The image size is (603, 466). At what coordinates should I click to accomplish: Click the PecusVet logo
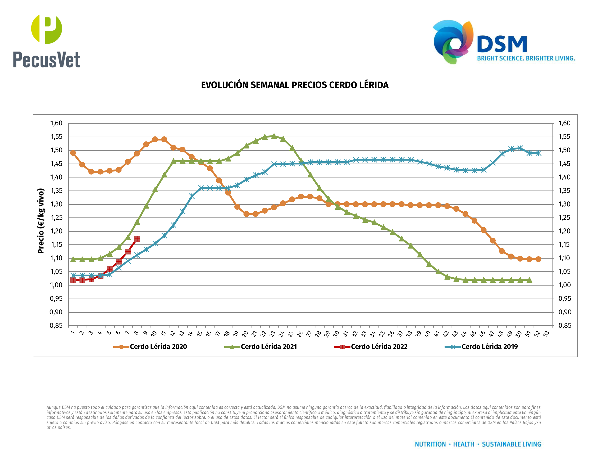[x=46, y=41]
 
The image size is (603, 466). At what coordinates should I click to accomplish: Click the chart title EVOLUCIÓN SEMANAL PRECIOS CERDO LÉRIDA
[x=295, y=85]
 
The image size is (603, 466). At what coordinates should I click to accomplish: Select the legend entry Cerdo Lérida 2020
[x=158, y=347]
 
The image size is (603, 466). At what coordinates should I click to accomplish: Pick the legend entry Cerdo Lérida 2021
[x=269, y=347]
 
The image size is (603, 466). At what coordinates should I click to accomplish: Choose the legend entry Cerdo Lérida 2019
[x=489, y=347]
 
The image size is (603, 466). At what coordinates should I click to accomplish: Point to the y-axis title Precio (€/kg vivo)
[x=41, y=221]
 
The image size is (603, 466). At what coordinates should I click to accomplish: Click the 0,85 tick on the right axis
[x=564, y=326]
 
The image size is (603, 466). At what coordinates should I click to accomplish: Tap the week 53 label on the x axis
[x=546, y=334]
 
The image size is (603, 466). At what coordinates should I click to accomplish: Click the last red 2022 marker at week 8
[x=137, y=239]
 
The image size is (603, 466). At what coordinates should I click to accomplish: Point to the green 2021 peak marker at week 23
[x=274, y=136]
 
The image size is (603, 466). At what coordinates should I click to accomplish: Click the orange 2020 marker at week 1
[x=73, y=153]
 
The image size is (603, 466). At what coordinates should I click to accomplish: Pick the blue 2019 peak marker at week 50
[x=520, y=148]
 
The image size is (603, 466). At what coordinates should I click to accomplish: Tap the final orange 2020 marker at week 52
[x=538, y=259]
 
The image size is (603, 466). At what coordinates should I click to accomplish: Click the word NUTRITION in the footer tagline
[x=430, y=444]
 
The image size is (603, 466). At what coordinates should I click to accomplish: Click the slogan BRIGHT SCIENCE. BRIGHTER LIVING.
[x=526, y=58]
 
